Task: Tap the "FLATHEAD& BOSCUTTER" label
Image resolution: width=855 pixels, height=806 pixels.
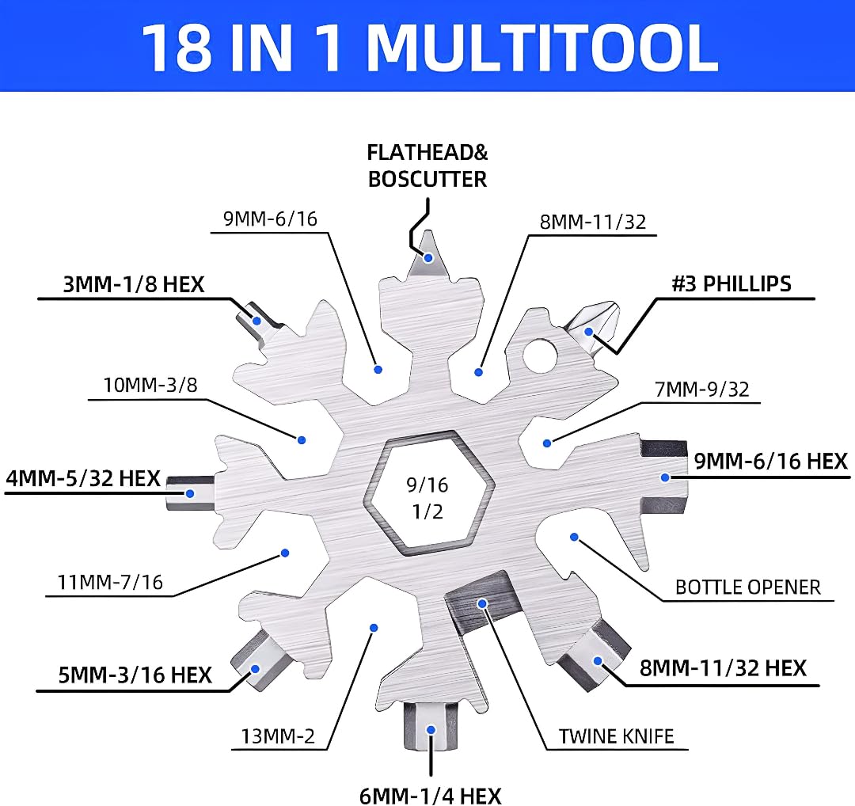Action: [427, 165]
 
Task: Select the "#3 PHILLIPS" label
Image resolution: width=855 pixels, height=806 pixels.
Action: [731, 283]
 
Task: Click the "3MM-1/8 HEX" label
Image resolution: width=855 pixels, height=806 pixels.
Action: [133, 284]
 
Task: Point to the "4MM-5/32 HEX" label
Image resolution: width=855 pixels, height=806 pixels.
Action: [83, 478]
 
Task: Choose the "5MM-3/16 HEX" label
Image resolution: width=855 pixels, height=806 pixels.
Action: [135, 675]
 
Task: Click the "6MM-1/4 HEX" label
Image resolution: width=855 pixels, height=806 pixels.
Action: [431, 793]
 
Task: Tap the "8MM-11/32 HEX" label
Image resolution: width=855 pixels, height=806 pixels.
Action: [723, 667]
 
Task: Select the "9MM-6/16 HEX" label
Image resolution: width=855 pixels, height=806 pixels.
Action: [770, 461]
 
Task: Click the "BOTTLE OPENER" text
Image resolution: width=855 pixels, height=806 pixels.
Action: [747, 587]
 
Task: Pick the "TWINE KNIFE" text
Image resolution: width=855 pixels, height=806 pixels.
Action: [616, 736]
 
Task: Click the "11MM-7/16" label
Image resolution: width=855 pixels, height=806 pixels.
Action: [110, 583]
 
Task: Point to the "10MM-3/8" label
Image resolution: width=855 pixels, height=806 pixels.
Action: [150, 385]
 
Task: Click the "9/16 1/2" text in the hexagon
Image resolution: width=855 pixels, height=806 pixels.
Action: [427, 497]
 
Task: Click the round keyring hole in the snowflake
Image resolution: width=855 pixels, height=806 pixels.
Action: [540, 355]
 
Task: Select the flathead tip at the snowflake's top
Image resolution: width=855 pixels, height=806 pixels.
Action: [428, 253]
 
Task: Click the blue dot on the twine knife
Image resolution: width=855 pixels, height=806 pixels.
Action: [481, 603]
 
